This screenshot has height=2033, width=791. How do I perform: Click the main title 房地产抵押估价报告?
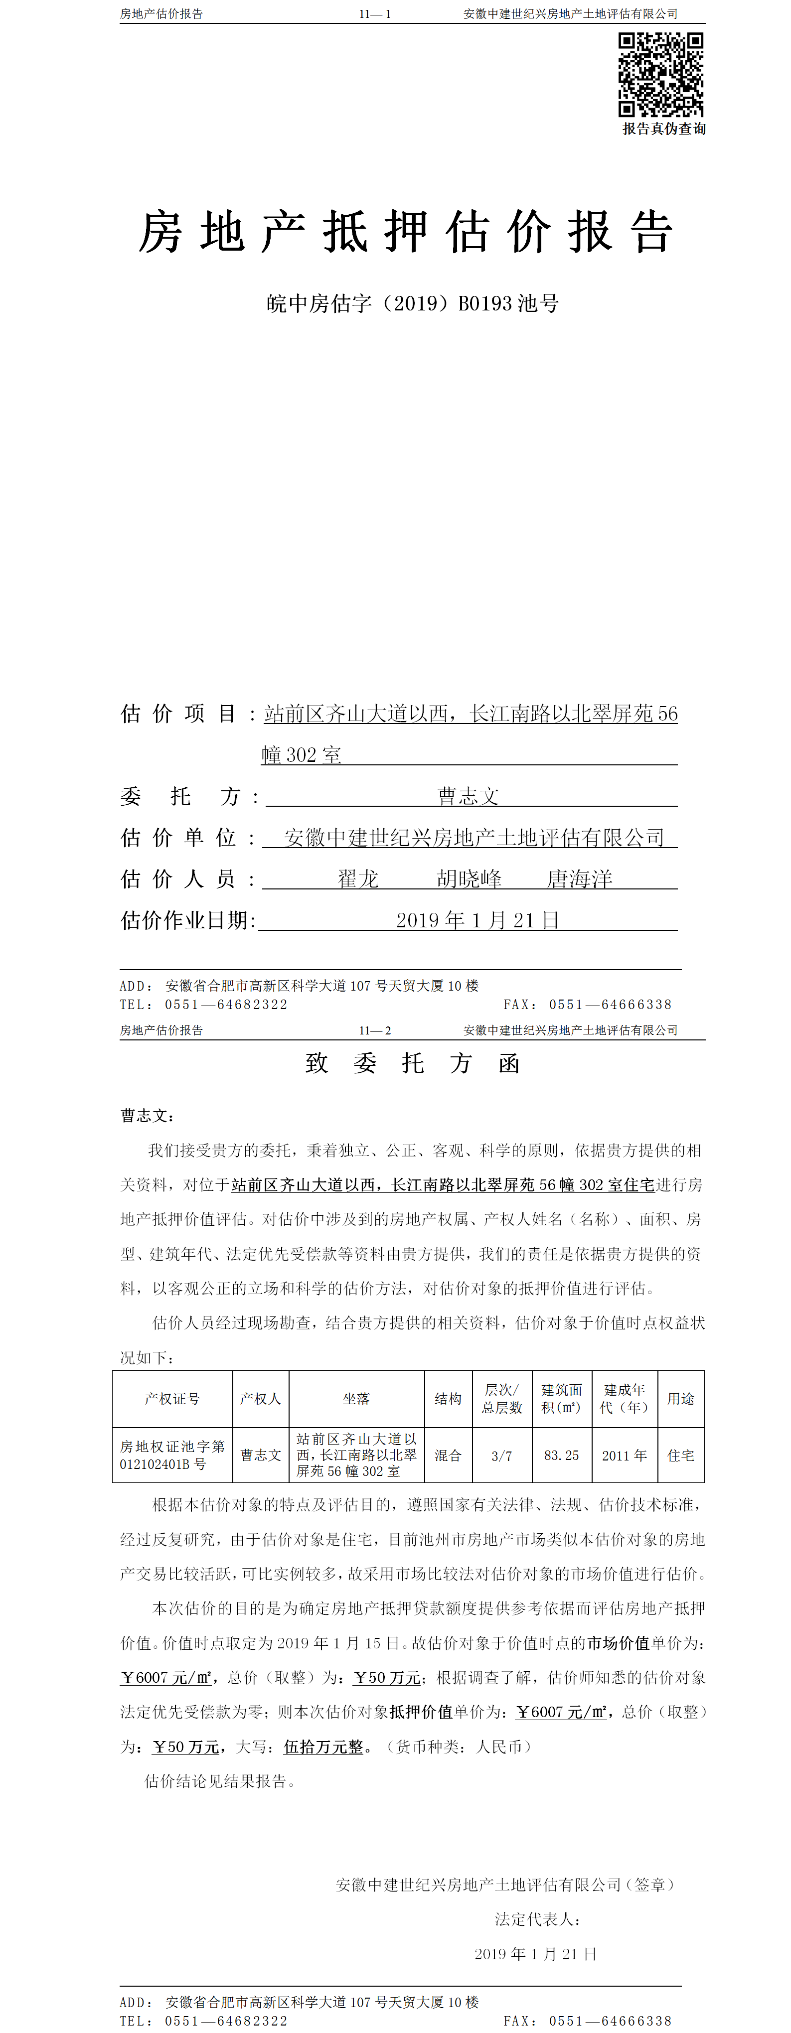tap(406, 233)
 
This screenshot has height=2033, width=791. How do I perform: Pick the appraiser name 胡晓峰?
tap(469, 879)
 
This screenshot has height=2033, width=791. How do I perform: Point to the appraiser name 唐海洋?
tap(580, 879)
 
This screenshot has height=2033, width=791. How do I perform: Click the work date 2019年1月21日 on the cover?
tap(477, 920)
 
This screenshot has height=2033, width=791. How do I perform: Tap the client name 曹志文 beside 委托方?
tap(469, 796)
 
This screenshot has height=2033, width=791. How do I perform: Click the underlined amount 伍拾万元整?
tap(323, 1746)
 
